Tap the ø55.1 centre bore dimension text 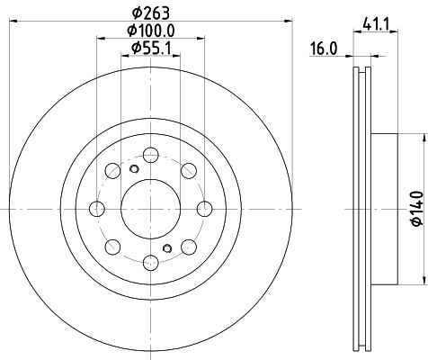coord(150,48)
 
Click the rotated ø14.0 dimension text coord(415,208)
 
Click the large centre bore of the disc coord(149,208)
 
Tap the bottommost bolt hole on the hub coord(149,264)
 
